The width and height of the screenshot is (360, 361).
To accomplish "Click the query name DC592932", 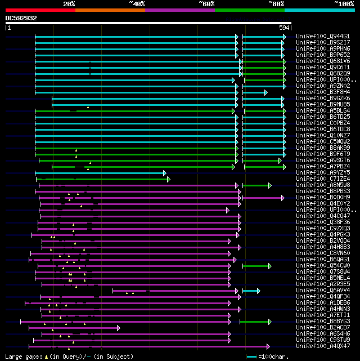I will (21, 18).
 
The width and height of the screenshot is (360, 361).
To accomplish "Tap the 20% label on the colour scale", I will (69, 4).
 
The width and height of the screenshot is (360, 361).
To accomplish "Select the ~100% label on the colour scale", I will (343, 4).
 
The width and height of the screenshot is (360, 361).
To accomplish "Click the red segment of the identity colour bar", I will (40, 10).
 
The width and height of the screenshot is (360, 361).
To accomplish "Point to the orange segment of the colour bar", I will (110, 10).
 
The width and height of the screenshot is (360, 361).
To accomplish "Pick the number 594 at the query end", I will (285, 27).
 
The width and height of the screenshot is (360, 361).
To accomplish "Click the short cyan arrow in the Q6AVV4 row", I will (251, 291).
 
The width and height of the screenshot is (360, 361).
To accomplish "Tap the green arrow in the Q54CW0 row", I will (257, 266).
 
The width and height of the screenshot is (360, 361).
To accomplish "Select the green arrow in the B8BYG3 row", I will (256, 322).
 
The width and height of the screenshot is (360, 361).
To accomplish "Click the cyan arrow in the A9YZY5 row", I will (101, 173).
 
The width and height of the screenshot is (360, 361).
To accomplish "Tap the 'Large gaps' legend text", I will (22, 356).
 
